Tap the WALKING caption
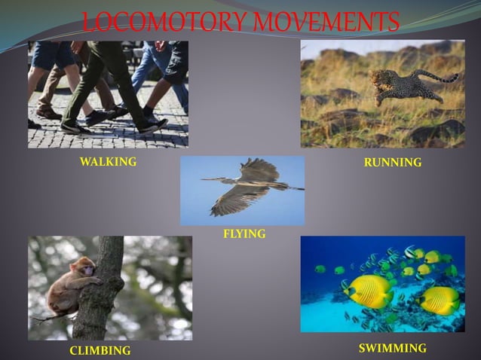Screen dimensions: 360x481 pyautogui.click(x=108, y=161)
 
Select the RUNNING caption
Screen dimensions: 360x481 pyautogui.click(x=392, y=162)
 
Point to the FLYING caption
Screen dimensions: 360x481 pyautogui.click(x=244, y=234)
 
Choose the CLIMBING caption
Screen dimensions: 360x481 pyautogui.click(x=100, y=350)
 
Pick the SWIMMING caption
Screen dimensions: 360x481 pyautogui.click(x=392, y=348)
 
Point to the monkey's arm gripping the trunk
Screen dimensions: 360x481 pyautogui.click(x=91, y=279)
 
